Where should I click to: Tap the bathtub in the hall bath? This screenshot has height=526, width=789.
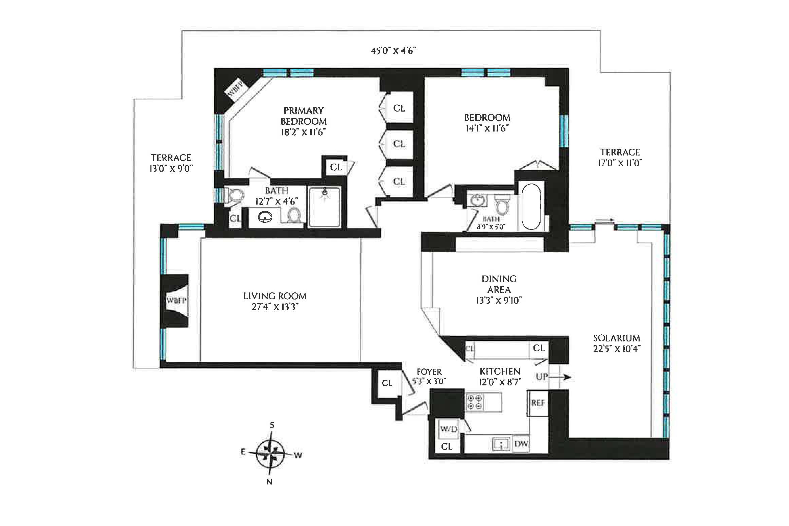pyautogui.click(x=531, y=207)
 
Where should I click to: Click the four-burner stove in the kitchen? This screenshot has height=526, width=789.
pyautogui.click(x=475, y=402)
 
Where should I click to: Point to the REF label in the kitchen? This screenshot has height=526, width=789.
pyautogui.click(x=538, y=403)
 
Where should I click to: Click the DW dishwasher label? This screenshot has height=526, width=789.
pyautogui.click(x=521, y=444)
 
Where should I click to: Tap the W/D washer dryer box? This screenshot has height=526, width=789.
pyautogui.click(x=449, y=429)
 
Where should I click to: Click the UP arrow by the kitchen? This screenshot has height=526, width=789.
pyautogui.click(x=553, y=377)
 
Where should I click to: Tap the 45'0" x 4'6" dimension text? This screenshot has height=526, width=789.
pyautogui.click(x=393, y=51)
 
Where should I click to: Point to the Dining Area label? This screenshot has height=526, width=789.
pyautogui.click(x=499, y=289)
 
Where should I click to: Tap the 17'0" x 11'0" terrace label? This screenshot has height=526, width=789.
pyautogui.click(x=620, y=158)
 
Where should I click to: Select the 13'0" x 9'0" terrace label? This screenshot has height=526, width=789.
pyautogui.click(x=171, y=163)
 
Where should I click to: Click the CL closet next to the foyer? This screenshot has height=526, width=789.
pyautogui.click(x=387, y=383)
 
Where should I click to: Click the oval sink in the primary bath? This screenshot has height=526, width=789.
pyautogui.click(x=265, y=217)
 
